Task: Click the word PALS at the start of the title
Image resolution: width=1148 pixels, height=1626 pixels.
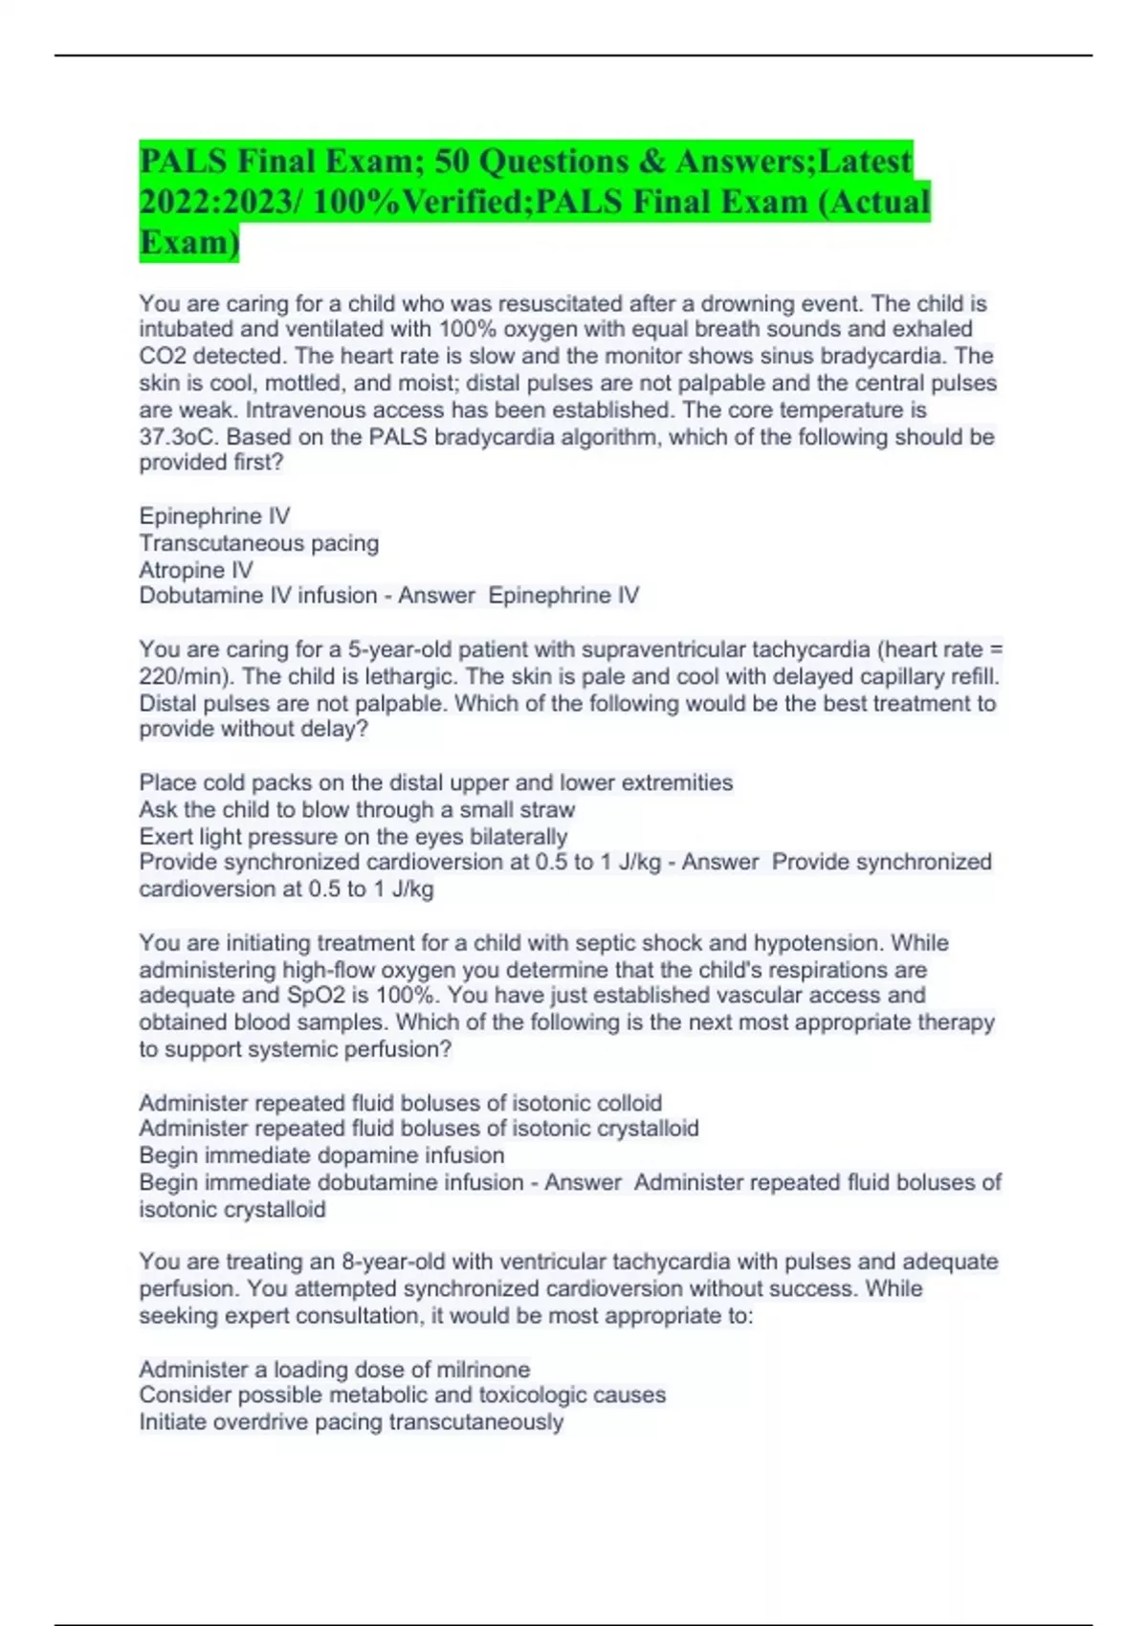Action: click(x=183, y=161)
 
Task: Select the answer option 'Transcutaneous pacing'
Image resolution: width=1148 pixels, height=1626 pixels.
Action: click(x=258, y=543)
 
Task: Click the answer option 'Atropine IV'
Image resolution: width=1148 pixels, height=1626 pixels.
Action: click(x=195, y=570)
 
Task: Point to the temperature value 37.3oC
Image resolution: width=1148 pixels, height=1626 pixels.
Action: click(x=178, y=437)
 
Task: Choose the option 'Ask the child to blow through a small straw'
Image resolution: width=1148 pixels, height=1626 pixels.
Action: click(x=356, y=810)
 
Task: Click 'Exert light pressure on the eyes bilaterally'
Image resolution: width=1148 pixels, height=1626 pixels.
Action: click(x=352, y=837)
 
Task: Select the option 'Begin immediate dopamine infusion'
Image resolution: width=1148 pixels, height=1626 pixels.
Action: click(x=320, y=1155)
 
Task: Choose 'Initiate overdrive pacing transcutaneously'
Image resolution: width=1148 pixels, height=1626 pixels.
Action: click(x=350, y=1422)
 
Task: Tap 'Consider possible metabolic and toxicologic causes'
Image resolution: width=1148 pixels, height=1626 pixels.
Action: click(x=402, y=1395)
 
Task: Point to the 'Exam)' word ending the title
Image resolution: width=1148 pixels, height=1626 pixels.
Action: click(x=188, y=243)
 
